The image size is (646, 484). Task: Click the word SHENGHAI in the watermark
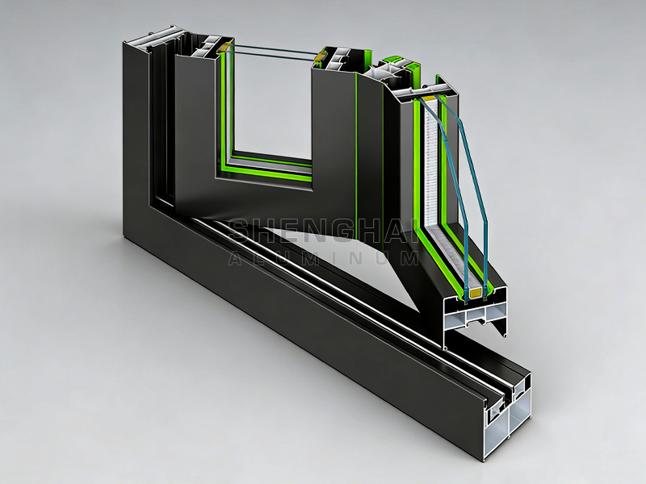click(x=322, y=232)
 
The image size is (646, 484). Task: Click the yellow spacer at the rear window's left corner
click(x=220, y=50)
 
